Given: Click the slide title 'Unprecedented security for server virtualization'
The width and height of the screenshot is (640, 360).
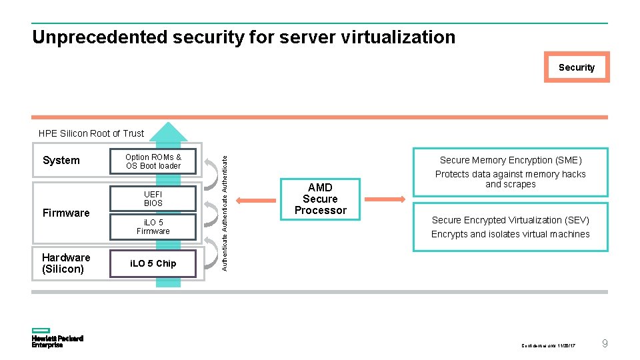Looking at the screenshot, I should pyautogui.click(x=243, y=37).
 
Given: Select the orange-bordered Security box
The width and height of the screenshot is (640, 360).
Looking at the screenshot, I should pyautogui.click(x=576, y=67).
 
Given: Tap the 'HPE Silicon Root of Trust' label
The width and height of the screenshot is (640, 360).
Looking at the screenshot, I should pyautogui.click(x=91, y=133).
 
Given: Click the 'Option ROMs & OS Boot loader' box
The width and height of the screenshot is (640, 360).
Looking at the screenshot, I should pyautogui.click(x=153, y=161).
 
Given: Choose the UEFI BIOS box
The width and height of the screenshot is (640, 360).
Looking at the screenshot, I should pyautogui.click(x=153, y=199).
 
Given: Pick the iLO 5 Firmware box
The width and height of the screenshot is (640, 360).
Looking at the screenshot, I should pyautogui.click(x=153, y=227).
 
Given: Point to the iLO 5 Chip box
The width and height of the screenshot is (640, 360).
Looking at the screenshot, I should pyautogui.click(x=153, y=263).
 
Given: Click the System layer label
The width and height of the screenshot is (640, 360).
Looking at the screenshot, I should pyautogui.click(x=61, y=161).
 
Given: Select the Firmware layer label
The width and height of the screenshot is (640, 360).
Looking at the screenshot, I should pyautogui.click(x=65, y=213).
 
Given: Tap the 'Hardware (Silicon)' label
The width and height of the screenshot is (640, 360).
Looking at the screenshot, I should pyautogui.click(x=65, y=263).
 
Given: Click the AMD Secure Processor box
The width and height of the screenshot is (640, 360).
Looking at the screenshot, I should pyautogui.click(x=320, y=199).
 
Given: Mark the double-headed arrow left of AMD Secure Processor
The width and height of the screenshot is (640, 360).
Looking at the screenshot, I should pyautogui.click(x=256, y=199).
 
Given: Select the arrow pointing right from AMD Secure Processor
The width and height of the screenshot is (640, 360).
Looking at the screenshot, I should pyautogui.click(x=385, y=199).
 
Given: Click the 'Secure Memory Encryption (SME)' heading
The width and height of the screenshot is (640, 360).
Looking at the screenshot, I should pyautogui.click(x=510, y=160).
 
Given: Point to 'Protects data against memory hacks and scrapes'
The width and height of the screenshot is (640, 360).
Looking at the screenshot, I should pyautogui.click(x=510, y=179).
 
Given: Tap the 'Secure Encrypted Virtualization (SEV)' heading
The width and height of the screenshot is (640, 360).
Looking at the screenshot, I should pyautogui.click(x=510, y=220).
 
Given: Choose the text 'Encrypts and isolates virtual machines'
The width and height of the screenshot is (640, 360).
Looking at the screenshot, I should pyautogui.click(x=510, y=234).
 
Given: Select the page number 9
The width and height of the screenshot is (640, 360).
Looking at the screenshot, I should pyautogui.click(x=604, y=344).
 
